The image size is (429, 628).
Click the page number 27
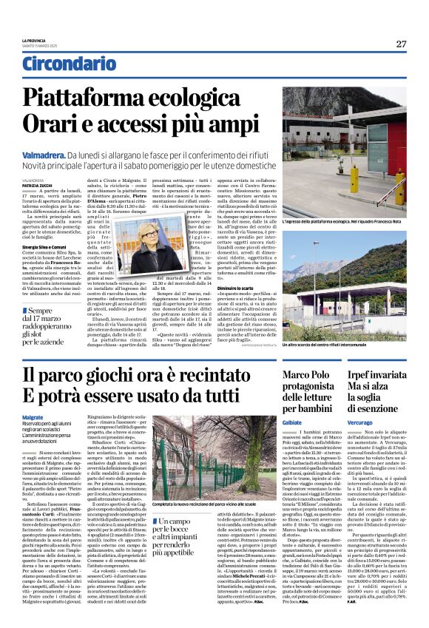[x=400, y=44]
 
